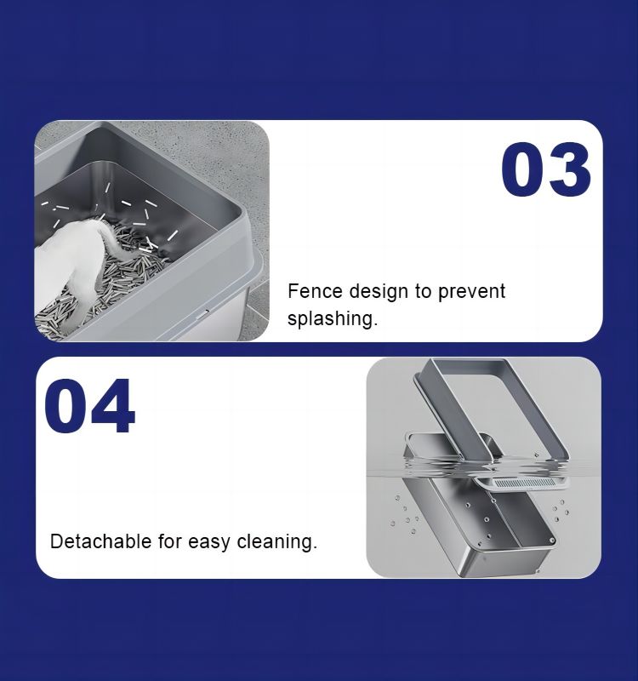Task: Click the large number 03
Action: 545,169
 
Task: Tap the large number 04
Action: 89,406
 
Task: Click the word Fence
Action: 315,290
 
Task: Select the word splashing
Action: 333,318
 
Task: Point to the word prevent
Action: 471,292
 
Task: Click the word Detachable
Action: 100,541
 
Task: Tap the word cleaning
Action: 277,542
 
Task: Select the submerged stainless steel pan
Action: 477,525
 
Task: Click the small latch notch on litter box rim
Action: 203,312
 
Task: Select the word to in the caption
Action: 422,291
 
